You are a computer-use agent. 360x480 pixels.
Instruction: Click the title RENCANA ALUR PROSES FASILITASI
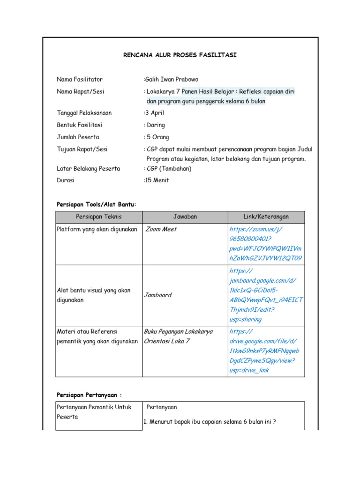180,55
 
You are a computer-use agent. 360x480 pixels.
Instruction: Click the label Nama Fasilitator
80,79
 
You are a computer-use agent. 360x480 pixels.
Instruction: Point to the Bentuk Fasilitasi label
80,125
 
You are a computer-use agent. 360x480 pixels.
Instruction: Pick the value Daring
156,125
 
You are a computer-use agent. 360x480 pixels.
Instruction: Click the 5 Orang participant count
157,137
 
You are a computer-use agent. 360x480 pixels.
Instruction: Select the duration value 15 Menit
157,180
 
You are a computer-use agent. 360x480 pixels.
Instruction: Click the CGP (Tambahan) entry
169,169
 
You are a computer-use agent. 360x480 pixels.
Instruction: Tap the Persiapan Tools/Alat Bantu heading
96,204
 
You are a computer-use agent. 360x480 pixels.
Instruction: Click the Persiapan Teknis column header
98,217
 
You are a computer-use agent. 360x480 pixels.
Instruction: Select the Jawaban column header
185,217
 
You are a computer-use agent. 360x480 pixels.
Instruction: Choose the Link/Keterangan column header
266,217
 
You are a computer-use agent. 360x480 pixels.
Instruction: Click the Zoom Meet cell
161,229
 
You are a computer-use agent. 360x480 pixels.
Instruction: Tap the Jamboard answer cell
158,295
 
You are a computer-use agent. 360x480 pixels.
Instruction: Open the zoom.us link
265,244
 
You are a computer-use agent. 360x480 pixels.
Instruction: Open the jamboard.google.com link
266,295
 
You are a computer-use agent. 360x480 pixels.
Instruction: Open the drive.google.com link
265,351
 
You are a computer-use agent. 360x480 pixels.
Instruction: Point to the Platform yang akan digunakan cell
97,229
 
